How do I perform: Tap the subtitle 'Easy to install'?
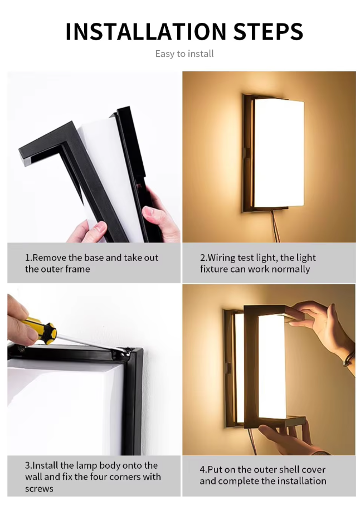click(184, 54)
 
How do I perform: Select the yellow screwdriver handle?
click(40, 329)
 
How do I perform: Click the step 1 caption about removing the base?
click(91, 263)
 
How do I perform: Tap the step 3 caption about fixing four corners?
click(93, 477)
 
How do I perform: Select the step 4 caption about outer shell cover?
click(262, 475)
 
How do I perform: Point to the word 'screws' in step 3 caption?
click(39, 488)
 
